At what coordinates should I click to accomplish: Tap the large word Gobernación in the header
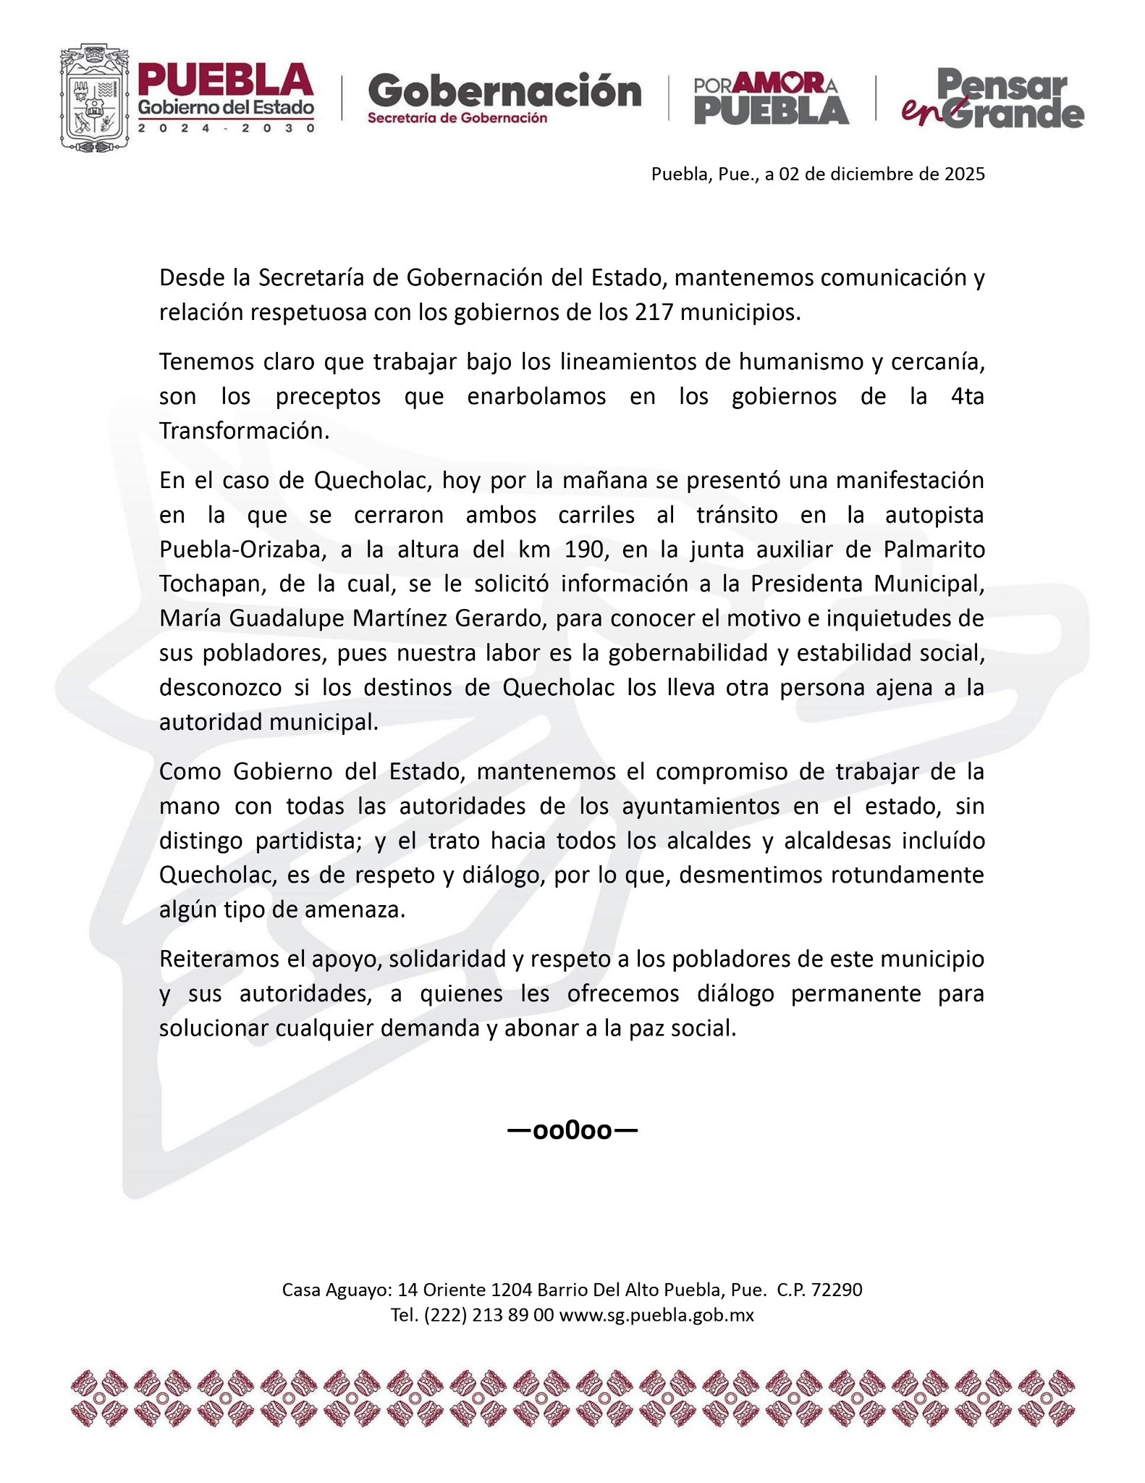coord(504,91)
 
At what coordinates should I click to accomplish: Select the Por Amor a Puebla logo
coord(771,98)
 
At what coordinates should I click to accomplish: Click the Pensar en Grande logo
coord(992,98)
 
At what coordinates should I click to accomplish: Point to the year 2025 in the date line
coord(964,174)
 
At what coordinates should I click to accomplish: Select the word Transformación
coord(244,431)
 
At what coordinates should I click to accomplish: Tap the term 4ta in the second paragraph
coord(968,396)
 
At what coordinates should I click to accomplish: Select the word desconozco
coord(220,687)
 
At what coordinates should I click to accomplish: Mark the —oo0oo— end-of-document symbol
coord(572,1130)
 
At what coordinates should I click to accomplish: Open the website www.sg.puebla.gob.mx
coord(656,1315)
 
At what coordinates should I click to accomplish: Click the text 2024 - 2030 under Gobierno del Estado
coord(227,128)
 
